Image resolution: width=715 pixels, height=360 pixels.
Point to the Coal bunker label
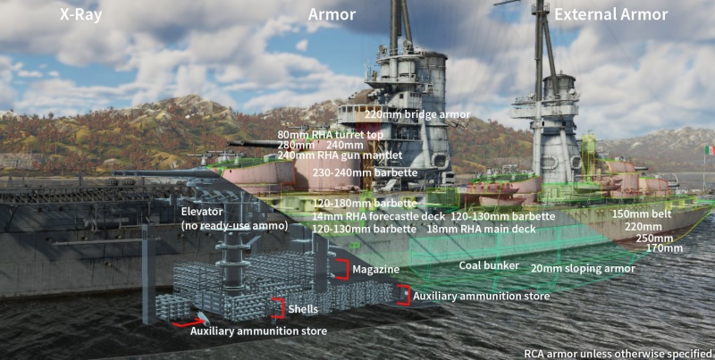click(489, 265)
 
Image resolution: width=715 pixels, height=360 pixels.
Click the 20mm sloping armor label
click(583, 268)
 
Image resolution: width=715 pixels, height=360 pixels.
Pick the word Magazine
click(375, 269)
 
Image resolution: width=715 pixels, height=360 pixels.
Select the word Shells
click(302, 308)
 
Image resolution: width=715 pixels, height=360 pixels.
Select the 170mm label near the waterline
click(664, 248)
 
